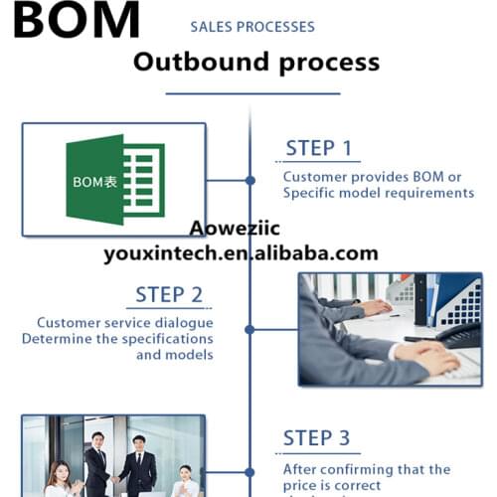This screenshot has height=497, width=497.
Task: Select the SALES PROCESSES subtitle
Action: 251,27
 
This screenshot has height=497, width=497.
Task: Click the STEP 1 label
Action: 318,149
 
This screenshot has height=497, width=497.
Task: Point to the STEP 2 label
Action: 169,295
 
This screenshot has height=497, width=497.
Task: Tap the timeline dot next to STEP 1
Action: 249,180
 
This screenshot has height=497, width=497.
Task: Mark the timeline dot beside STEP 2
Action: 249,329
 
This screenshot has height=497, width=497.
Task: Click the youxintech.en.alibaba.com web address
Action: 241,253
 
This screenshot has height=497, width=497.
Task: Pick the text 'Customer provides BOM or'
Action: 372,177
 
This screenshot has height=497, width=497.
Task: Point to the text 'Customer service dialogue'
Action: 125,322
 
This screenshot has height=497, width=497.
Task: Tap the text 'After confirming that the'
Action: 366,469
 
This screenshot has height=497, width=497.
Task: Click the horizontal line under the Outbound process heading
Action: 252,93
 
